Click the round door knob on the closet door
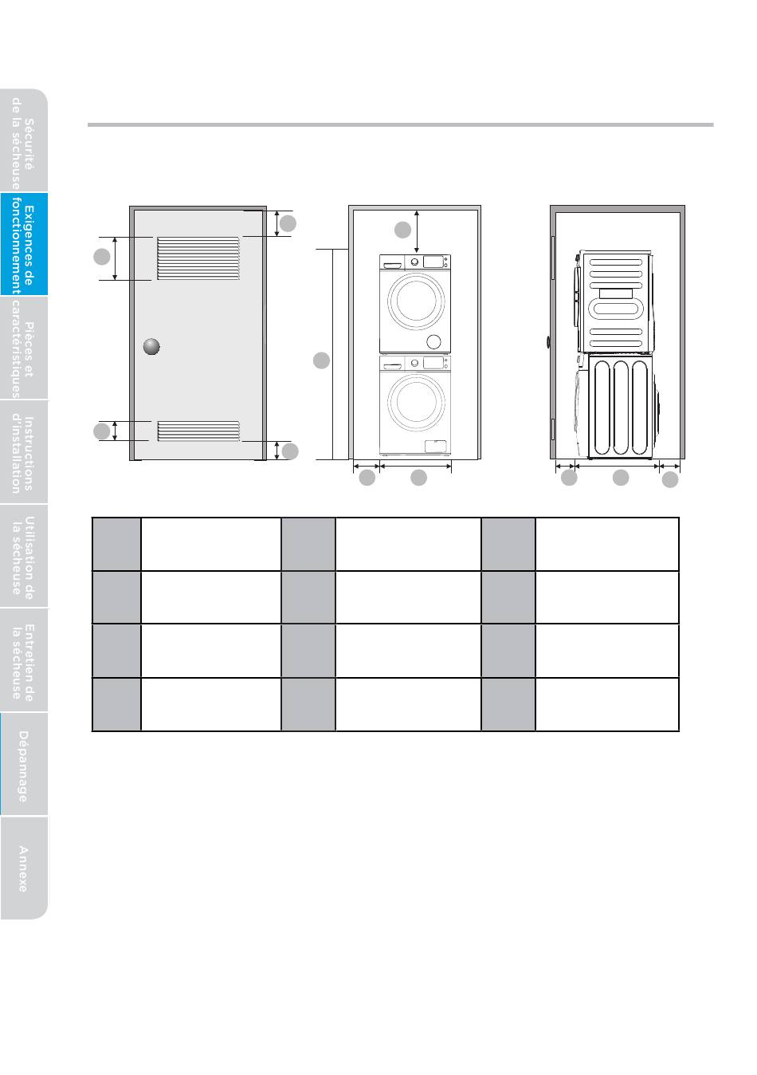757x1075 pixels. (x=151, y=347)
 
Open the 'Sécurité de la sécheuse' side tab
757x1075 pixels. (x=23, y=143)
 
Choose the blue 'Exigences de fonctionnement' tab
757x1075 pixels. (x=23, y=244)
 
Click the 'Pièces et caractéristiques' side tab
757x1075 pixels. (x=23, y=348)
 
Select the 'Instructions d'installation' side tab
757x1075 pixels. (x=23, y=452)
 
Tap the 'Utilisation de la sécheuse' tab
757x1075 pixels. (x=23, y=556)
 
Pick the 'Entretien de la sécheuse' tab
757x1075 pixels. (x=23, y=660)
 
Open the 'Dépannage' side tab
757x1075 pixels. (x=23, y=765)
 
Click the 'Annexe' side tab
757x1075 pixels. (x=23, y=868)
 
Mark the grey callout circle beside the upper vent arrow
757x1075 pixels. (x=101, y=257)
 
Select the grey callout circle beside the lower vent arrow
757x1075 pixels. (x=101, y=431)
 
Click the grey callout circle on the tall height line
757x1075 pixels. (x=320, y=361)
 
